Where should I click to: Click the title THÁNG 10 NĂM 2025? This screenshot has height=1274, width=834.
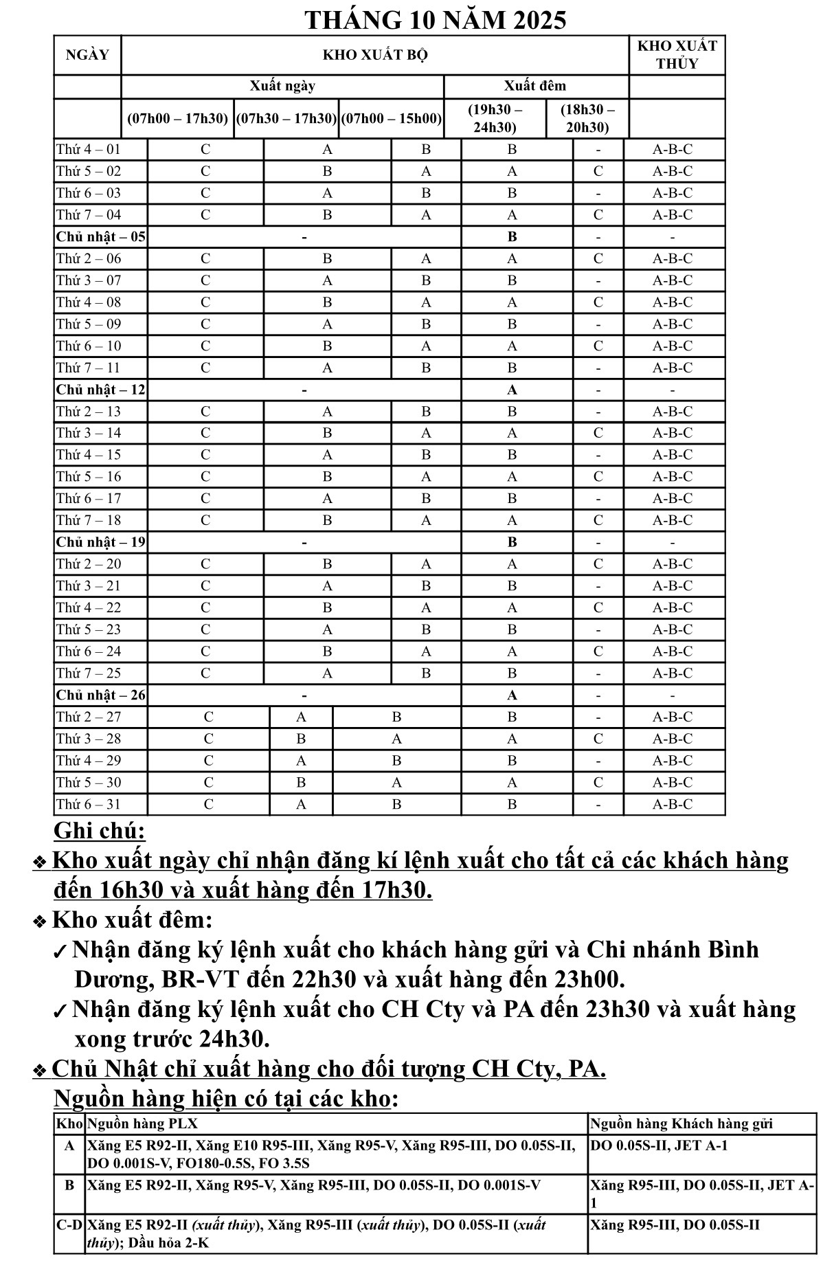click(435, 20)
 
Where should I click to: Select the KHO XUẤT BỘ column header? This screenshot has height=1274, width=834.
click(375, 56)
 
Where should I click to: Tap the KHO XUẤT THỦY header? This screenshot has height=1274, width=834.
click(677, 55)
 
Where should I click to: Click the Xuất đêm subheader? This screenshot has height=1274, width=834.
click(535, 86)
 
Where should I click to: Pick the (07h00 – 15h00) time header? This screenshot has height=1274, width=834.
click(391, 118)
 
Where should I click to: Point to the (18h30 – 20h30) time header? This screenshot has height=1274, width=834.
click(587, 118)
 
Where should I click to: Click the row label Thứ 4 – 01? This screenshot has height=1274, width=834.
click(89, 149)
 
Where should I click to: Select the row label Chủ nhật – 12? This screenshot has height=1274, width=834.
click(100, 390)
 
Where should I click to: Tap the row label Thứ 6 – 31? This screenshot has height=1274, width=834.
click(89, 804)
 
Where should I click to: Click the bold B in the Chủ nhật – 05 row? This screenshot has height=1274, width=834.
click(512, 237)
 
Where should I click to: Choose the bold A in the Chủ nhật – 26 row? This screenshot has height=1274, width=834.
click(512, 695)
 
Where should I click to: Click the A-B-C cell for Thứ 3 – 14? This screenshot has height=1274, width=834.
click(672, 433)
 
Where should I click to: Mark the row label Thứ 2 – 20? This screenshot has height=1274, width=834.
click(89, 564)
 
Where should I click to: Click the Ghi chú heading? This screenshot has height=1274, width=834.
click(100, 831)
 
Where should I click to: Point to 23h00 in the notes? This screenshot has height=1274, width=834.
click(587, 979)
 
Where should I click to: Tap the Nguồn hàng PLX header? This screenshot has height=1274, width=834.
click(142, 1124)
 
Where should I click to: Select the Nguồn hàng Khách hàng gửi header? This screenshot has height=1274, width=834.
click(681, 1124)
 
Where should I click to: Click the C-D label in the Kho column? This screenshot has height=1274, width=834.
click(69, 1224)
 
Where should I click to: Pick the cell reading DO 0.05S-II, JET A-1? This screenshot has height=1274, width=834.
click(658, 1146)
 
